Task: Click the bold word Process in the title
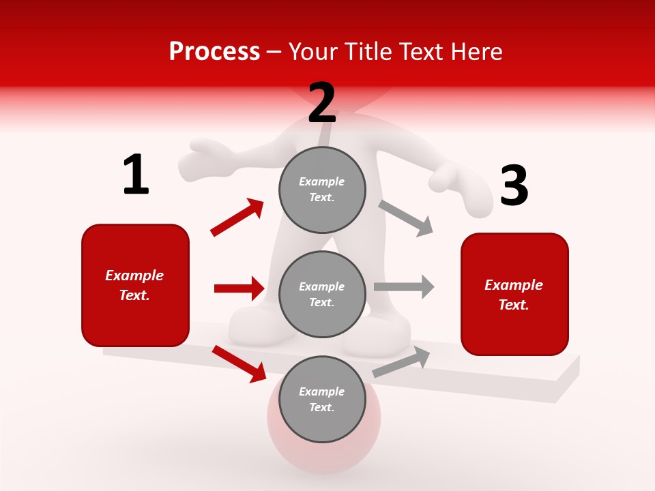[214, 52]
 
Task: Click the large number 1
[136, 175]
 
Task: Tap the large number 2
[322, 103]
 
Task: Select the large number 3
[514, 186]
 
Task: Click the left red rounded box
[135, 285]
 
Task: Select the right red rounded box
[514, 294]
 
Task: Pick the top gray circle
[322, 190]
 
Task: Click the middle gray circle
[322, 294]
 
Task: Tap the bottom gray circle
[322, 399]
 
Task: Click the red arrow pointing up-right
[237, 218]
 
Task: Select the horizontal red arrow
[239, 288]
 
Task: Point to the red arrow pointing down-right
[239, 363]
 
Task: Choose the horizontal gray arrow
[404, 286]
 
